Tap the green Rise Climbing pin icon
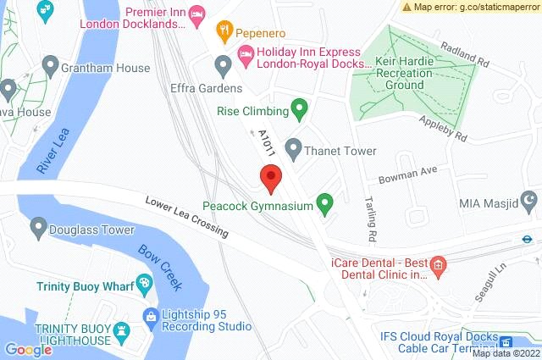[298, 108]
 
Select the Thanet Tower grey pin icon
[293, 150]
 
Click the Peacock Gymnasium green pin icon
[324, 203]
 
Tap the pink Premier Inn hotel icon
[196, 14]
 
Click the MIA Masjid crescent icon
[530, 202]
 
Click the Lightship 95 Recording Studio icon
[151, 318]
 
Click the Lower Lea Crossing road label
[186, 217]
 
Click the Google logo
[28, 349]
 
